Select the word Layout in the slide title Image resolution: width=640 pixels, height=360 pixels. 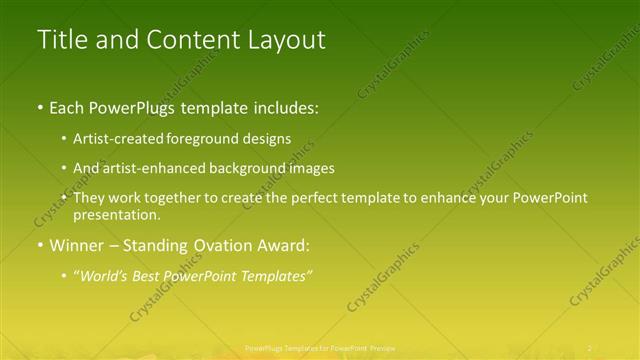(282, 39)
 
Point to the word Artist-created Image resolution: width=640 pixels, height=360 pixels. (116, 139)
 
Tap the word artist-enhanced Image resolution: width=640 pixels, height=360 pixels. (159, 169)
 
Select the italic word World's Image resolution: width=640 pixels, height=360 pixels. (105, 275)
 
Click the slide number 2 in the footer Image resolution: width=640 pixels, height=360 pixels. (589, 348)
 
